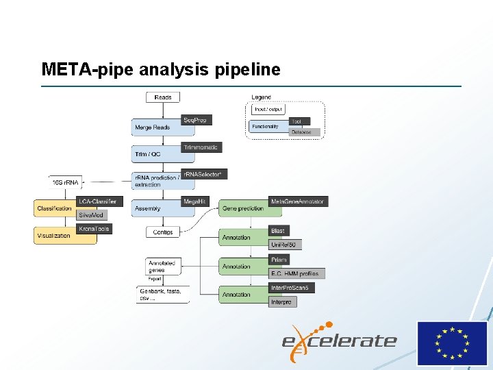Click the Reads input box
point(163,97)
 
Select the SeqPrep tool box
point(194,120)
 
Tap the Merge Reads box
point(153,127)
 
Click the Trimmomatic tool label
point(201,147)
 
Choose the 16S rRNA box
point(66,182)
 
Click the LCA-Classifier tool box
point(97,201)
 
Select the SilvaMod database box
point(92,214)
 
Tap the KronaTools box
point(94,228)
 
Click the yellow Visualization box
point(54,235)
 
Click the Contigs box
point(163,232)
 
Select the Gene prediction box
point(242,208)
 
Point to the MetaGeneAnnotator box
point(297,201)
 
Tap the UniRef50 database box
point(285,245)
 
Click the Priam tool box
point(279,260)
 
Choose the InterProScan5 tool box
point(291,288)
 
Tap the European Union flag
point(452,343)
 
